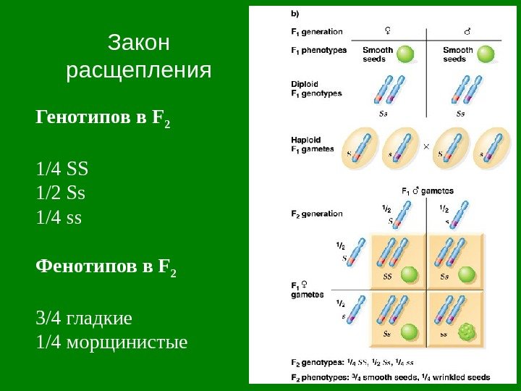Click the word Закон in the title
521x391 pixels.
(x=138, y=43)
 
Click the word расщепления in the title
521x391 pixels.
(x=138, y=71)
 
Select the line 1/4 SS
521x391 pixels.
(x=62, y=169)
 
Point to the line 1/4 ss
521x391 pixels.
(x=59, y=216)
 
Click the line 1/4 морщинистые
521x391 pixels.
(x=111, y=340)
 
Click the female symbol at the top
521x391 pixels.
(x=389, y=31)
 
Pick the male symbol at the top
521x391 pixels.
(x=465, y=32)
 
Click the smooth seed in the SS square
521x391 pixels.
(x=409, y=274)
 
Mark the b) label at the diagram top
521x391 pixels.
(x=295, y=13)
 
